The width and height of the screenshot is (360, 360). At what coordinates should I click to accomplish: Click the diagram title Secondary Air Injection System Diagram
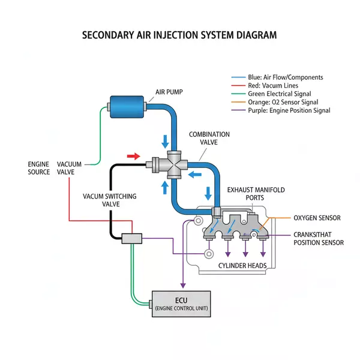[179, 35]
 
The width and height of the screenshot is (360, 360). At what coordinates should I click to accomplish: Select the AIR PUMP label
[170, 92]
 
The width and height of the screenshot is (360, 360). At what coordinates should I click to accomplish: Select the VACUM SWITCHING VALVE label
[109, 200]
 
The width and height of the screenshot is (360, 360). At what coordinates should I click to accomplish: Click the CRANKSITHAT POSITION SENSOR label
[319, 239]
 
